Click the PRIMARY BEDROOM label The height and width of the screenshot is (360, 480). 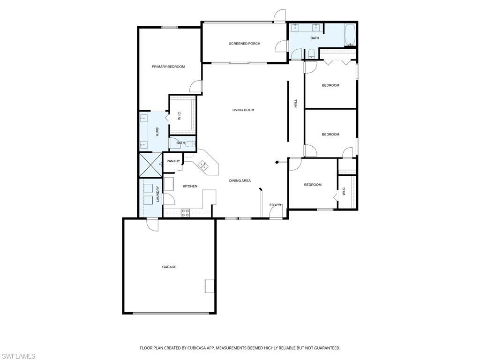click(x=168, y=67)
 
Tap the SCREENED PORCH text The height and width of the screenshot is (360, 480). click(x=244, y=44)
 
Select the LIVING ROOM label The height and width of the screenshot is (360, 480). click(x=243, y=110)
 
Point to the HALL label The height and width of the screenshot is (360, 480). click(x=296, y=104)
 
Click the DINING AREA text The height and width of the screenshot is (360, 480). click(x=240, y=180)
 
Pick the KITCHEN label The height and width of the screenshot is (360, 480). click(x=190, y=186)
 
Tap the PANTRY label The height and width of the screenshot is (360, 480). click(x=173, y=161)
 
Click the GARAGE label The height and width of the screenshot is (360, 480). click(x=169, y=267)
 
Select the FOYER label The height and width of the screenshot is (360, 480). click(x=275, y=205)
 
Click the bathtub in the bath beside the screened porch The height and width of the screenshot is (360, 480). click(x=350, y=35)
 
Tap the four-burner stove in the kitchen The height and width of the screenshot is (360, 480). click(x=185, y=212)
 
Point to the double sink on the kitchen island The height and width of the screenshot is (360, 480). click(x=203, y=165)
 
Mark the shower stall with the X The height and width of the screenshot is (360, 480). click(x=150, y=165)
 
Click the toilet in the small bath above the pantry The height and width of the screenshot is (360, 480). click(x=189, y=145)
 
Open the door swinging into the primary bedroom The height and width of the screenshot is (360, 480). click(x=196, y=87)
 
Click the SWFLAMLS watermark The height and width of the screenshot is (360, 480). click(x=18, y=356)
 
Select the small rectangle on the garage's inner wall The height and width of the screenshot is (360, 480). click(x=210, y=286)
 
